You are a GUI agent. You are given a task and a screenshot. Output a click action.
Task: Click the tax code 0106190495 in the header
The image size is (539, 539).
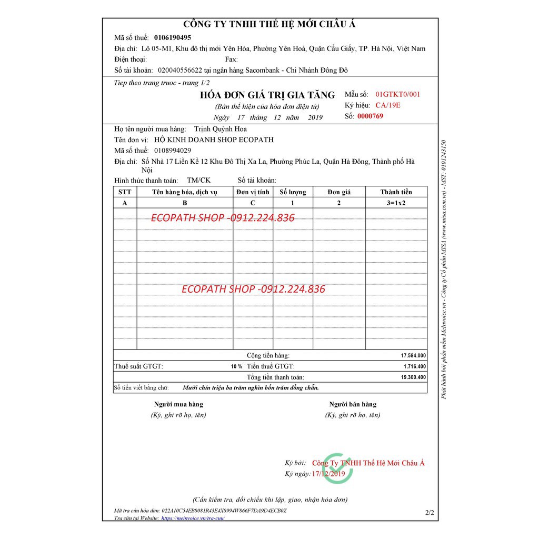pos(173,38)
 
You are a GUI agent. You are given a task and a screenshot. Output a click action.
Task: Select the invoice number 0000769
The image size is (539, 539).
pos(370,116)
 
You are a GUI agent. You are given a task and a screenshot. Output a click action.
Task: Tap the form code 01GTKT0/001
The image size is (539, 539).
pos(397,95)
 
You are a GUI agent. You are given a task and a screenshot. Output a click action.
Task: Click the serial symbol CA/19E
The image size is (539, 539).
pos(388,105)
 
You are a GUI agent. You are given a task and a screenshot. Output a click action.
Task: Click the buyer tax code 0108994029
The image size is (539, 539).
pos(173,151)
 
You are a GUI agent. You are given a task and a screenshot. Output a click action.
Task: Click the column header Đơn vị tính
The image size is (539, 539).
pos(253,192)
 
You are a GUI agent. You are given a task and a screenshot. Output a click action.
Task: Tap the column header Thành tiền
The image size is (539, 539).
pos(396,192)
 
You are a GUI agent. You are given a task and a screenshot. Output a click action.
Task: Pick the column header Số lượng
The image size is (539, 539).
pos(293,192)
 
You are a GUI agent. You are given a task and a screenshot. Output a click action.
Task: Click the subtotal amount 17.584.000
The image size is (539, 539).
pos(413,356)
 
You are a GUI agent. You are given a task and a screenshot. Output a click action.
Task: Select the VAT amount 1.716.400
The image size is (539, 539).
pos(415,366)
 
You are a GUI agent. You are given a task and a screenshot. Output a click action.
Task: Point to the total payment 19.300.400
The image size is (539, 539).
pos(413,377)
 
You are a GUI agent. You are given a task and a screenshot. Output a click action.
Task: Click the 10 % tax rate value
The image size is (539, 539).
pos(236,366)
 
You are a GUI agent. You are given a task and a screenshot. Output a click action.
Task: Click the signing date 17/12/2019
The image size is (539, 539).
pos(328,474)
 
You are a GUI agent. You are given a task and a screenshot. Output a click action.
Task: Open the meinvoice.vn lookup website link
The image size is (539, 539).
pos(193,518)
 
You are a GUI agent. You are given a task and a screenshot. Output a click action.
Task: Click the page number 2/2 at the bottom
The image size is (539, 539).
pos(429,512)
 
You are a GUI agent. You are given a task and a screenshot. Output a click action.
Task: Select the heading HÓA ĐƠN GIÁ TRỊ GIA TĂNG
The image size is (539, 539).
pos(267,95)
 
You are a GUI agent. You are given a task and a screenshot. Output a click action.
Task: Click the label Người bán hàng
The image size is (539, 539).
pos(353,404)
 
